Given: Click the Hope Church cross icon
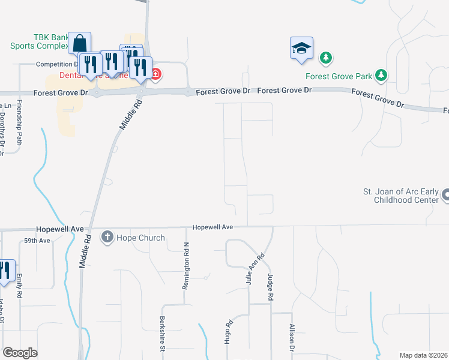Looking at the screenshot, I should pyautogui.click(x=107, y=238).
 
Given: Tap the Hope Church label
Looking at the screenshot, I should pyautogui.click(x=140, y=238).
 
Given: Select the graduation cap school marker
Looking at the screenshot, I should pyautogui.click(x=301, y=49).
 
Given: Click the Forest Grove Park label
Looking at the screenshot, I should pyautogui.click(x=339, y=76).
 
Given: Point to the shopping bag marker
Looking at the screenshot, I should pyautogui.click(x=79, y=44).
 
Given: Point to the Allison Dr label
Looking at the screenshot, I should pyautogui.click(x=292, y=340).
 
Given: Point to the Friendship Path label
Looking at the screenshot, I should pyautogui.click(x=19, y=124).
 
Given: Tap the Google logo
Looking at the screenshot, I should pyautogui.click(x=20, y=352).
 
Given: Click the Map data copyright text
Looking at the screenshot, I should pyautogui.click(x=423, y=355).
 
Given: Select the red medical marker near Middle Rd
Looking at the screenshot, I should pyautogui.click(x=155, y=74).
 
